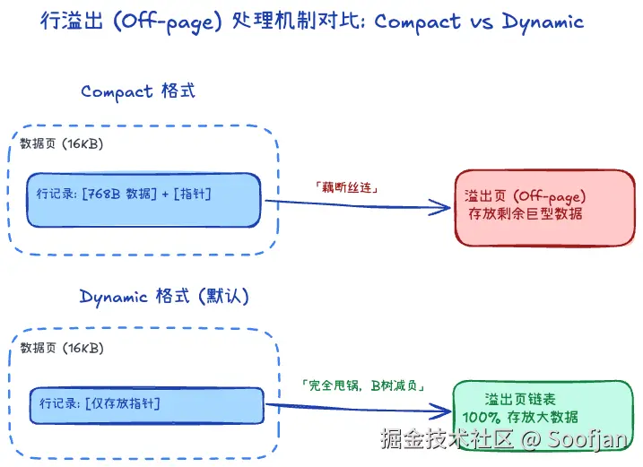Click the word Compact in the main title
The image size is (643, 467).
pyautogui.click(x=418, y=22)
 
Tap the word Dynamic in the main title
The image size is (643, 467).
pyautogui.click(x=543, y=22)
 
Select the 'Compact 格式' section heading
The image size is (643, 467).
pyautogui.click(x=138, y=91)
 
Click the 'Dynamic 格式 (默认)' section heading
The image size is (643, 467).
pyautogui.click(x=164, y=297)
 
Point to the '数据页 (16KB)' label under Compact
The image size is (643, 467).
pyautogui.click(x=62, y=144)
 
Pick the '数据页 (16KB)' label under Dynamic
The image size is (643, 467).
pyautogui.click(x=62, y=348)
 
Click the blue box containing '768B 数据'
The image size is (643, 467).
pyautogui.click(x=143, y=200)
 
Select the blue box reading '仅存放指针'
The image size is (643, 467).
pyautogui.click(x=146, y=405)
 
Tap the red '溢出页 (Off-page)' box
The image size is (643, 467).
pyautogui.click(x=545, y=208)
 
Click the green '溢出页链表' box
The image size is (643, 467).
pyautogui.click(x=543, y=415)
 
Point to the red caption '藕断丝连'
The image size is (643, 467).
pyautogui.click(x=346, y=187)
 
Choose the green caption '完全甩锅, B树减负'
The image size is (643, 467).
pyautogui.click(x=363, y=385)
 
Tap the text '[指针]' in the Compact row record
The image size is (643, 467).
pyautogui.click(x=192, y=194)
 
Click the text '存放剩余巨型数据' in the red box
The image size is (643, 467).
pyautogui.click(x=526, y=213)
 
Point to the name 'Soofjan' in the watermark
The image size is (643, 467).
pyautogui.click(x=587, y=438)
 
